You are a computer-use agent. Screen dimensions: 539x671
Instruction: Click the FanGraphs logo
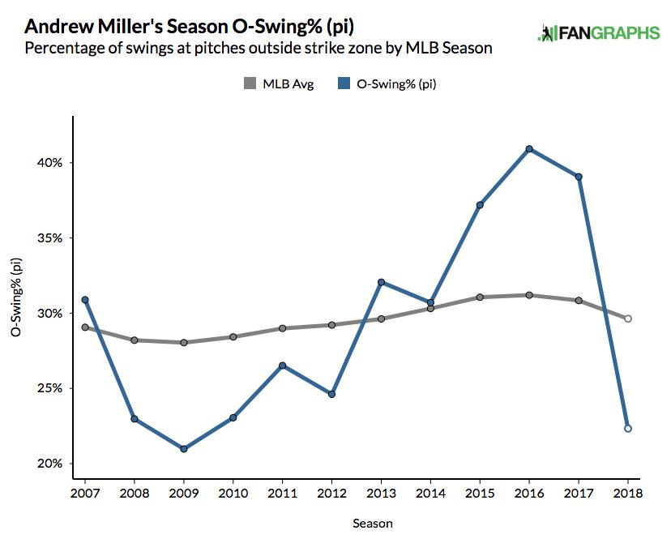coord(598,33)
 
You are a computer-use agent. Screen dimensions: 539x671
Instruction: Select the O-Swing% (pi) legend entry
coord(387,83)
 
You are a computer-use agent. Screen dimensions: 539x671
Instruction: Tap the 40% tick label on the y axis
coord(51,163)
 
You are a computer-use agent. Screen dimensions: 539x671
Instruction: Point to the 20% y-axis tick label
coord(51,464)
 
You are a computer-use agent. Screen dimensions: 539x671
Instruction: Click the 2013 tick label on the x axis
coord(380,494)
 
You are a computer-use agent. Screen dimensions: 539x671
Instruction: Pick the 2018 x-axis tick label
coord(627,494)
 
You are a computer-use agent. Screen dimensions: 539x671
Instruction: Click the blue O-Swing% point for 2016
coord(528,149)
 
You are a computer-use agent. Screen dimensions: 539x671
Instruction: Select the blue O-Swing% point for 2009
coord(184,449)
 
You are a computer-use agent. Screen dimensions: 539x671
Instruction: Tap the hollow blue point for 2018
coord(628,429)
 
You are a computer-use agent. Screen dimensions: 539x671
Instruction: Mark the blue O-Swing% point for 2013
coord(380,282)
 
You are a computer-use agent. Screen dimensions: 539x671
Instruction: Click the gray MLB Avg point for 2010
coord(233,337)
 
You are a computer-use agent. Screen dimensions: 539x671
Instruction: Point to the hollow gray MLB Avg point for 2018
coord(628,319)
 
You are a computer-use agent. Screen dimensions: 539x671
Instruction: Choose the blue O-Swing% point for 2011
coord(282,366)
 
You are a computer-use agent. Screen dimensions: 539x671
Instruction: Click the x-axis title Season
coord(373,524)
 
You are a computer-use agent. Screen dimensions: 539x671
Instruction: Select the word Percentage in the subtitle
coord(63,48)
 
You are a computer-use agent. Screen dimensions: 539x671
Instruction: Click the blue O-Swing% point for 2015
coord(480,205)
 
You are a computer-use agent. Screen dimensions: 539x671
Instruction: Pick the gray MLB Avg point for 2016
coord(528,295)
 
